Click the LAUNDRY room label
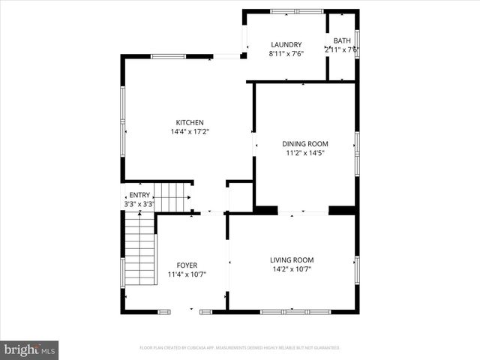286,44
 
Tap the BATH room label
342,40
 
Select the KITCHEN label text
190,123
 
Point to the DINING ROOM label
305,144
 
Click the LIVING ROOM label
292,260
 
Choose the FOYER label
187,265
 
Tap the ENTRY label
139,195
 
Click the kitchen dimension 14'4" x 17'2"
190,132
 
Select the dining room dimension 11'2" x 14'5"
305,153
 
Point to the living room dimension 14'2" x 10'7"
292,269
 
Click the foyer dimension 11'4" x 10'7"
187,274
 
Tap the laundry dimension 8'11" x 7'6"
286,53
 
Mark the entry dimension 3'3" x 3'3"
139,204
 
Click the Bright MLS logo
30,349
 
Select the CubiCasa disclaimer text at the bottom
240,348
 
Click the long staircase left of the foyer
139,251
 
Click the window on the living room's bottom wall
295,311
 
